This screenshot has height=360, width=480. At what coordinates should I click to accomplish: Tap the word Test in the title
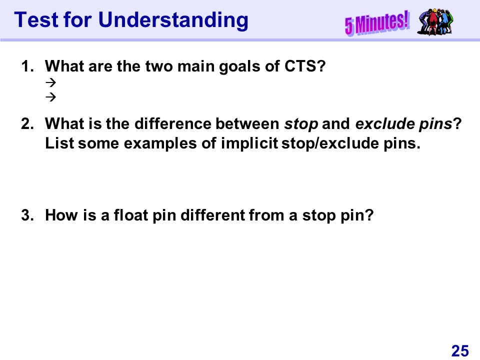36,20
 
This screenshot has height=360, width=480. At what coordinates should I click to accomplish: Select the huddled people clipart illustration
435,21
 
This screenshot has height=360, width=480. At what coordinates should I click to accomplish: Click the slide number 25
460,351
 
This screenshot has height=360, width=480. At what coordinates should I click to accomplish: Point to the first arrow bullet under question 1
51,82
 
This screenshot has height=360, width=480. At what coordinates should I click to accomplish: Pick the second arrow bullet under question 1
51,97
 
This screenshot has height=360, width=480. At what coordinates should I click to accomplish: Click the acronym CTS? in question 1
305,66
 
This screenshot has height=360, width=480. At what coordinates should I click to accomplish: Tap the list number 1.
27,66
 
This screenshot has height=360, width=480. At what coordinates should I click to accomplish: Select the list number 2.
27,123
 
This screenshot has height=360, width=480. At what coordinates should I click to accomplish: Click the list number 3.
27,215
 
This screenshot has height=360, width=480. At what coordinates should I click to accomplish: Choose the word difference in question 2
173,123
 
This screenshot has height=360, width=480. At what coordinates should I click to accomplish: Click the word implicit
249,143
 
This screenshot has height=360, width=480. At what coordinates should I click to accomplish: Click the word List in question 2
59,143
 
